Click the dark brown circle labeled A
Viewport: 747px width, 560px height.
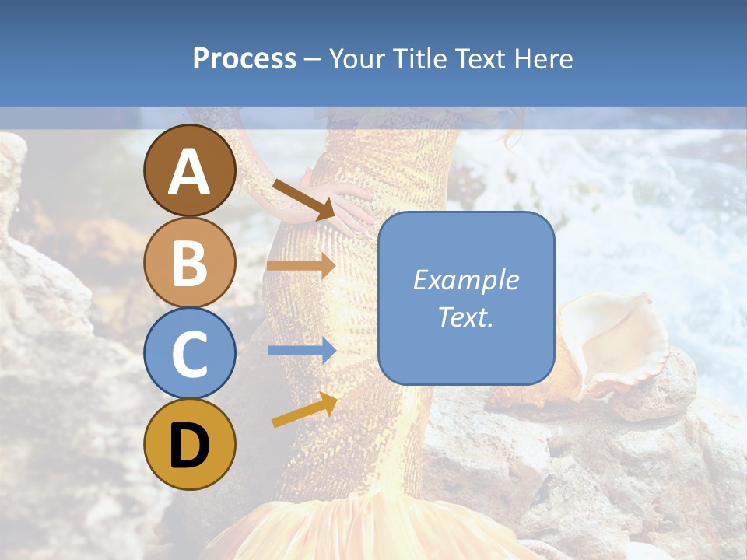tap(190, 170)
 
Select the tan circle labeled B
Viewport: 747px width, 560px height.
tap(190, 262)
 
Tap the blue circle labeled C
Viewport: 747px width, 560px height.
tap(190, 354)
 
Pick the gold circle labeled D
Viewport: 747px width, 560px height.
tap(190, 445)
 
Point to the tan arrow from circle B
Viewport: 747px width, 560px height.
tap(301, 266)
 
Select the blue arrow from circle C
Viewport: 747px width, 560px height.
tap(301, 351)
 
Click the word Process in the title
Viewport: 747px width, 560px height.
tap(244, 59)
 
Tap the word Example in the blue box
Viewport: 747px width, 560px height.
tap(466, 280)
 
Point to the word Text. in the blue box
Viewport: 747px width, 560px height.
tap(466, 317)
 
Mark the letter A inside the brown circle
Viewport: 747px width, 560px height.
tap(190, 172)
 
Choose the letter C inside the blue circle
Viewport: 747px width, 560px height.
tap(190, 355)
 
